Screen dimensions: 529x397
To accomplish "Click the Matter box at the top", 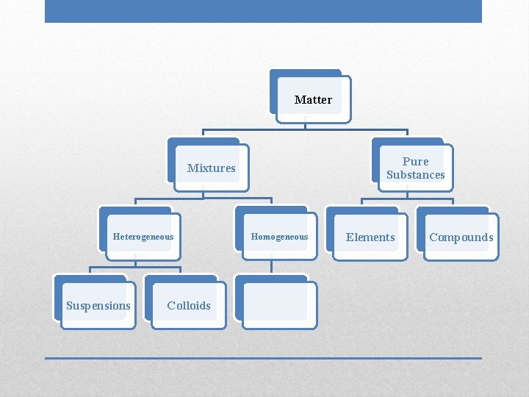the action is pyautogui.click(x=313, y=99).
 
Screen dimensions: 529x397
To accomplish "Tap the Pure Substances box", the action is pyautogui.click(x=415, y=168).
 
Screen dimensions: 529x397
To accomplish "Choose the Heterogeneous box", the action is pyautogui.click(x=143, y=237).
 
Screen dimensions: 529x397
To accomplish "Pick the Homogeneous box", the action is pyautogui.click(x=279, y=237).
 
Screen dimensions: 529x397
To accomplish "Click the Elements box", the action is pyautogui.click(x=370, y=237).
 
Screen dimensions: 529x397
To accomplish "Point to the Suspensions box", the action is pyautogui.click(x=98, y=305).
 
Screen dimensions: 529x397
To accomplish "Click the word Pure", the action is pyautogui.click(x=416, y=161).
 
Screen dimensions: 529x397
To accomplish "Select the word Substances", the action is pyautogui.click(x=416, y=175).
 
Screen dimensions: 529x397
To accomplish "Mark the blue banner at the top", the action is pyautogui.click(x=263, y=11).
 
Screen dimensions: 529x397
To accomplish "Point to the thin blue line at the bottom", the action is pyautogui.click(x=263, y=358).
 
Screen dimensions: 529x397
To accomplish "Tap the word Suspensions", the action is pyautogui.click(x=98, y=306).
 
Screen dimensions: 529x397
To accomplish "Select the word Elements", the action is pyautogui.click(x=370, y=237).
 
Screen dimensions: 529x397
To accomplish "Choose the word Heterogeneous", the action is pyautogui.click(x=143, y=237).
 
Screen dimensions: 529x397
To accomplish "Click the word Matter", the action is pyautogui.click(x=313, y=100).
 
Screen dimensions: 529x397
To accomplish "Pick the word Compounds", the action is pyautogui.click(x=461, y=237).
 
